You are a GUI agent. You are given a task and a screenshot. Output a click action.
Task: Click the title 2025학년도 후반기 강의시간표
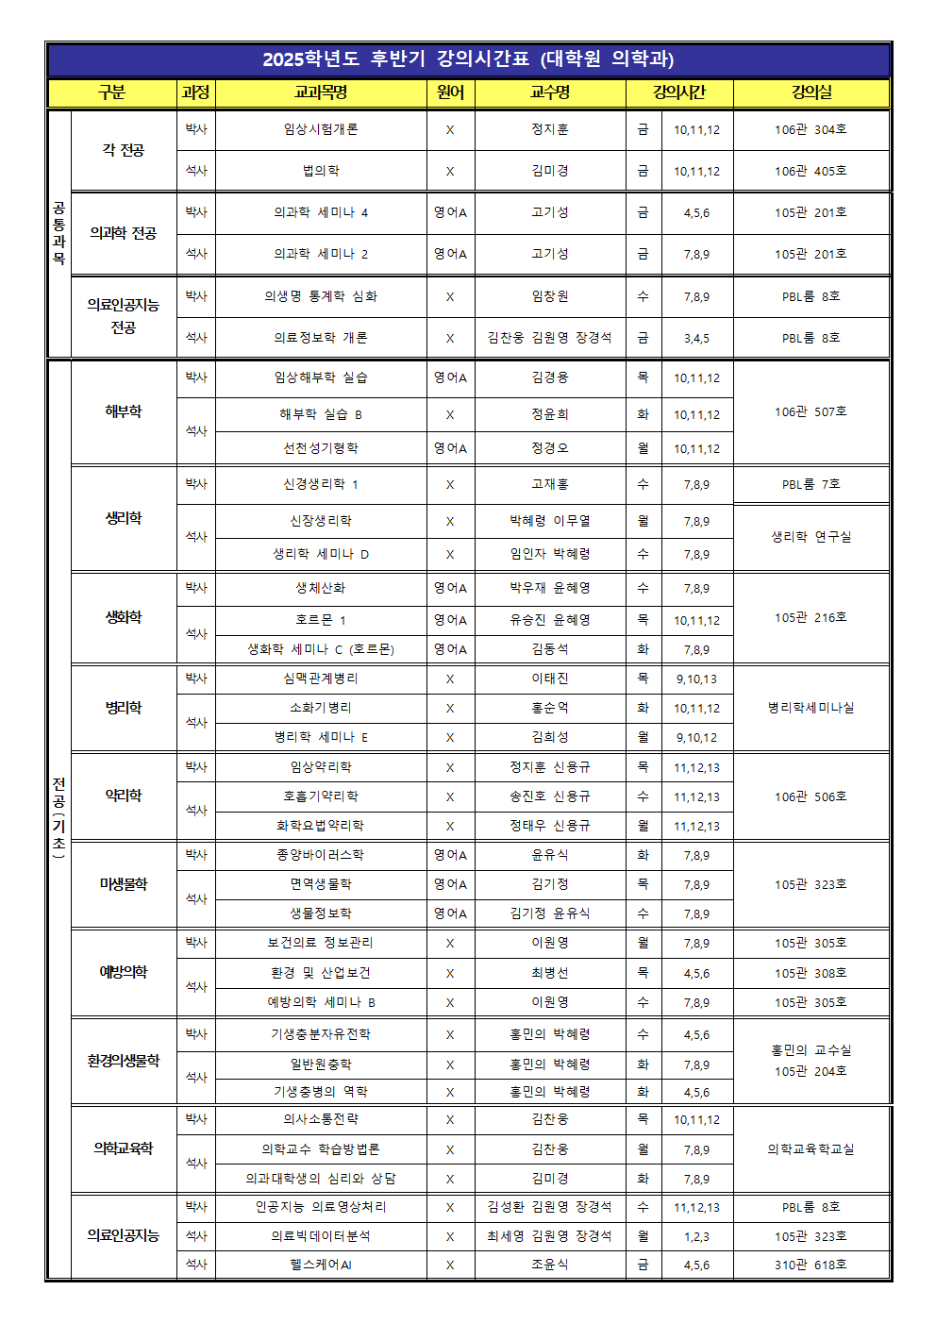point(468,59)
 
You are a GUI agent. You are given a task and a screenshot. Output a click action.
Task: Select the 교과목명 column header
point(321,92)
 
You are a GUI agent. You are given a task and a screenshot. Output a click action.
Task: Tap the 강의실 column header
point(811,92)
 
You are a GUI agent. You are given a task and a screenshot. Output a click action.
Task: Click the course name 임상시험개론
point(321,129)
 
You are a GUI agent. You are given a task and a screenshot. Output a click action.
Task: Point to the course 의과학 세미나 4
point(321,212)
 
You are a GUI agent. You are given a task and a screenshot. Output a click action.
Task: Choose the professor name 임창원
point(550,296)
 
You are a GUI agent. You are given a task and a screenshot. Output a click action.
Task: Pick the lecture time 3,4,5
point(696,338)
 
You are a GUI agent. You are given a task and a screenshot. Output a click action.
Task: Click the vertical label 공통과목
point(58,233)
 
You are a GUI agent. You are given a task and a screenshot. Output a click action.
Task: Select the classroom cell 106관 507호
point(811,411)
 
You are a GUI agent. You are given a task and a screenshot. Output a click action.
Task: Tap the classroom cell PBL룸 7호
point(811,484)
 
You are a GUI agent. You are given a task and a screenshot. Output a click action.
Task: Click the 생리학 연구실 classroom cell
point(811,536)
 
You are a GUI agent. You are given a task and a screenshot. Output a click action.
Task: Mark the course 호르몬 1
point(321,620)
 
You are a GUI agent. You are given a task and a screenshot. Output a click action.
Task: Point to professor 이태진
point(550,679)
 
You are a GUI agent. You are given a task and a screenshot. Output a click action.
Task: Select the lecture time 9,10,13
point(696,679)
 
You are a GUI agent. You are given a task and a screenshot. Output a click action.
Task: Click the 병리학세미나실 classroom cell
point(811,707)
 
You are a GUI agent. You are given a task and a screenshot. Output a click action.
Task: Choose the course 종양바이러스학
point(321,855)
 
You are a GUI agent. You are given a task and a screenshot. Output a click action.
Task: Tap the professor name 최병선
point(550,973)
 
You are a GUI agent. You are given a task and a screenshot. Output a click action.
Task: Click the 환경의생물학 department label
point(124,1061)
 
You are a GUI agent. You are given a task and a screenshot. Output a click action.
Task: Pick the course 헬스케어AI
point(321,1265)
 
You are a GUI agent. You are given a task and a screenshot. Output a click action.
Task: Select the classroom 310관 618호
point(811,1265)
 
